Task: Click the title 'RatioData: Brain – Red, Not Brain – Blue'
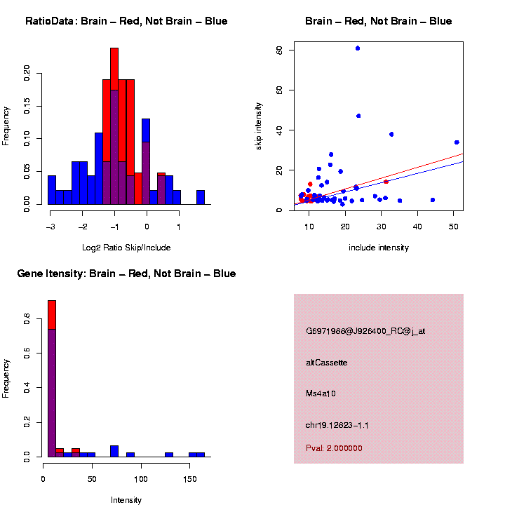126,21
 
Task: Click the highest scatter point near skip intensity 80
358,48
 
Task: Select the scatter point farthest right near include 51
457,142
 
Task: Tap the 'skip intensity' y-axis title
259,126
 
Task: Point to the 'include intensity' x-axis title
378,248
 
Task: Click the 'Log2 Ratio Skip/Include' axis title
126,248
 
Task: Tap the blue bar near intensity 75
114,451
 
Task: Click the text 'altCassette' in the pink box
326,363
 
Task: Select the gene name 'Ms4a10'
321,393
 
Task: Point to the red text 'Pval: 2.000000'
334,448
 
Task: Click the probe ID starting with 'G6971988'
365,331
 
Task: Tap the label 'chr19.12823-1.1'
337,425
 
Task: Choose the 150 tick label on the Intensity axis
190,479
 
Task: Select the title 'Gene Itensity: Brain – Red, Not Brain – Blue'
126,274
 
